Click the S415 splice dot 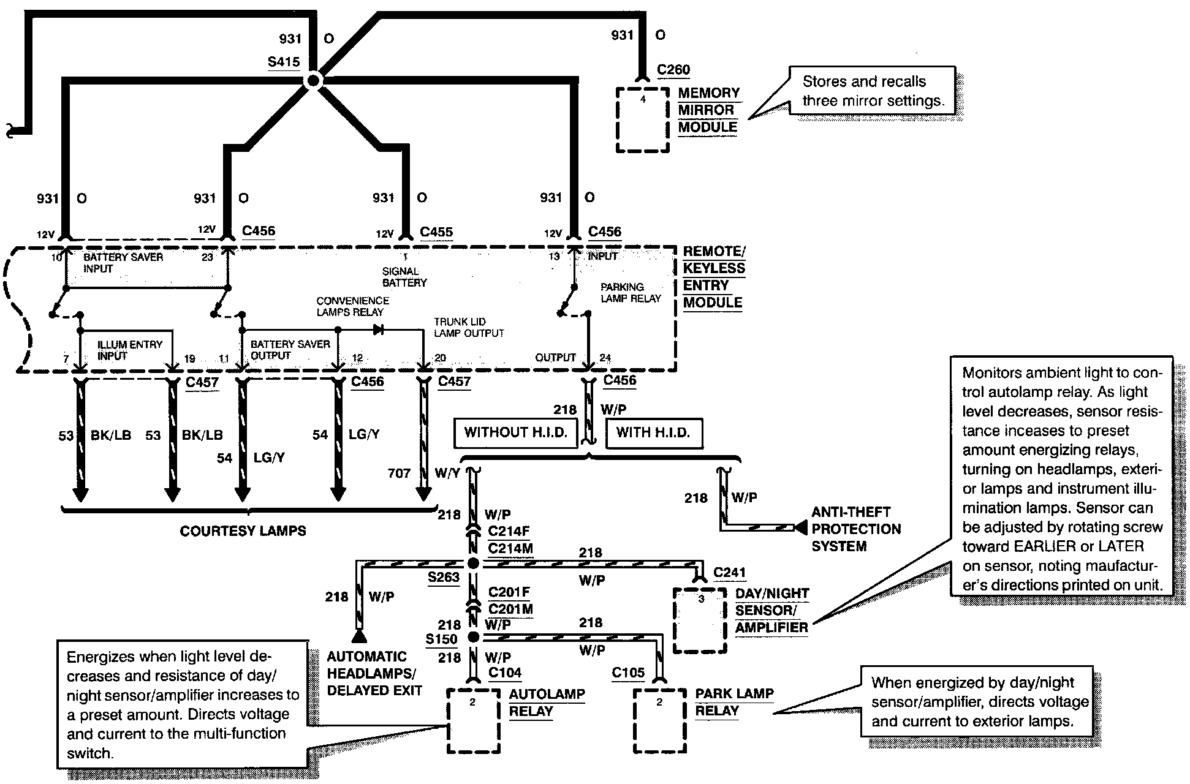[x=313, y=80]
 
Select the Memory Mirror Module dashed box [x=642, y=119]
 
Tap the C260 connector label [x=673, y=70]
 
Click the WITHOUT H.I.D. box [x=515, y=433]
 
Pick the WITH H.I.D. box [x=653, y=433]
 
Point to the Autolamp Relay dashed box [x=473, y=721]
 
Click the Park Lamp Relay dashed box [x=659, y=721]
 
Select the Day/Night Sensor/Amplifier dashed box [x=700, y=620]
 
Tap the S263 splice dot [x=473, y=563]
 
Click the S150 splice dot [x=473, y=637]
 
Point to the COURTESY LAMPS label [x=243, y=531]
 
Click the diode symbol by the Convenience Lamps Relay [x=378, y=330]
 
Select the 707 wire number [x=399, y=473]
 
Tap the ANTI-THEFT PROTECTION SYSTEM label [x=856, y=529]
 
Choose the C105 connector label [x=628, y=673]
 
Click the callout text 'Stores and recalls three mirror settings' [x=873, y=91]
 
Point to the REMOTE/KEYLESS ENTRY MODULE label [x=714, y=277]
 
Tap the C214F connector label [x=509, y=531]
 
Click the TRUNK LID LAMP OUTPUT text [x=469, y=328]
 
